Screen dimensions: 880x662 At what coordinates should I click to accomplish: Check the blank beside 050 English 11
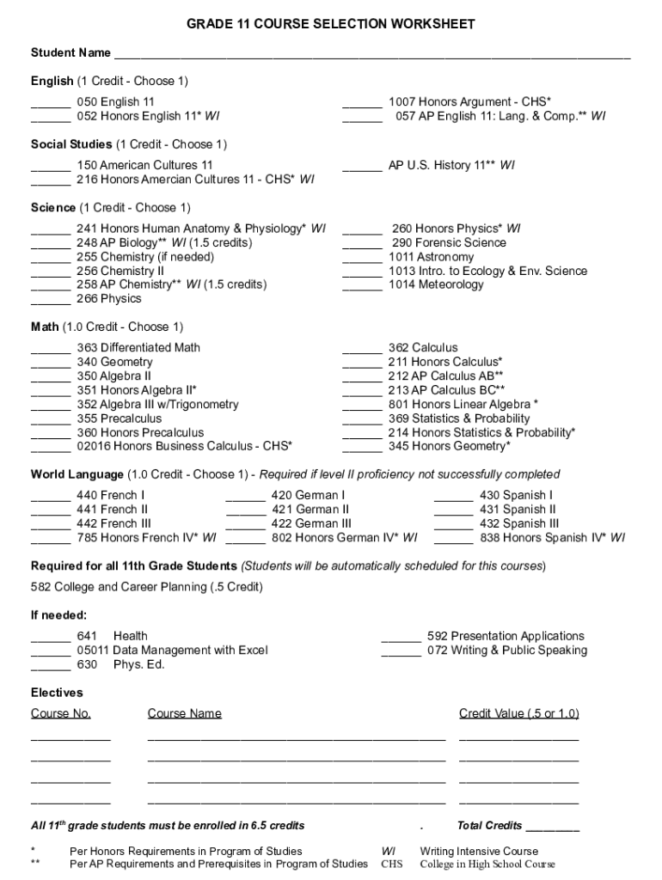click(x=51, y=103)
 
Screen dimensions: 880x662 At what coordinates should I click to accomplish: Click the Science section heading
click(x=53, y=208)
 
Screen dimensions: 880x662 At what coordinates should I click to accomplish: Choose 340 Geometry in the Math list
click(x=114, y=363)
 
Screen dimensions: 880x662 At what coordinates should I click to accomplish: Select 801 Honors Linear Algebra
click(x=463, y=405)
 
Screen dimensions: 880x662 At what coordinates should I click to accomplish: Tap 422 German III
click(x=311, y=524)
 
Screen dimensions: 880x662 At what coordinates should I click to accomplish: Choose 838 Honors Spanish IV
click(x=553, y=538)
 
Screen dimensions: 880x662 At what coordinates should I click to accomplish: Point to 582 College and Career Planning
click(x=147, y=588)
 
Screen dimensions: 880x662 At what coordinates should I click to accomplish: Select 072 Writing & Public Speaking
click(x=506, y=651)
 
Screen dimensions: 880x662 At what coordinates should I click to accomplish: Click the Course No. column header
click(x=61, y=713)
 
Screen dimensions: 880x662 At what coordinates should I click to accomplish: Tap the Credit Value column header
click(x=518, y=713)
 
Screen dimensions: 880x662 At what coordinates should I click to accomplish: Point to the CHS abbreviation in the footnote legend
click(x=391, y=865)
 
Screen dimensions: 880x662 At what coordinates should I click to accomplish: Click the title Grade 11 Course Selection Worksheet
click(x=331, y=25)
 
